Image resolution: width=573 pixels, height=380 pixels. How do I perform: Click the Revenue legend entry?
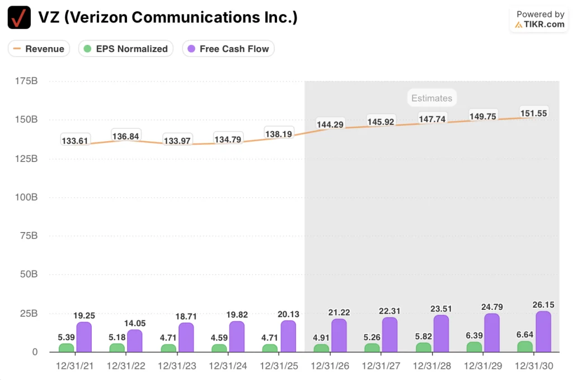coord(39,49)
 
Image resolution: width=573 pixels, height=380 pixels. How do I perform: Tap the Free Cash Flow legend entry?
coord(228,49)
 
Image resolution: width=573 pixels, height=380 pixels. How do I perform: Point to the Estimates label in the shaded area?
coord(431,98)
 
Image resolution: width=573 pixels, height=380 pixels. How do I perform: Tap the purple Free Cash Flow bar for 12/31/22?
coord(135,341)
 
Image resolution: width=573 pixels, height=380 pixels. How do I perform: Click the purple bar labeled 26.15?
coord(543,332)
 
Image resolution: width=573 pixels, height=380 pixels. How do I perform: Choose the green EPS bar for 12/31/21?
coord(66,347)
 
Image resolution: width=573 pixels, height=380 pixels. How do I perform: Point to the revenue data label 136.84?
coord(126,136)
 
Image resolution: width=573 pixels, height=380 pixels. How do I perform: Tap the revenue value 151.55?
coord(533,113)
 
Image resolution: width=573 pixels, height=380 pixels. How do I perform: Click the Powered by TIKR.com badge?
coord(540,19)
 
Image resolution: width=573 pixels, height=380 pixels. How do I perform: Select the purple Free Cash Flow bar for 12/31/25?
coord(288,336)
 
